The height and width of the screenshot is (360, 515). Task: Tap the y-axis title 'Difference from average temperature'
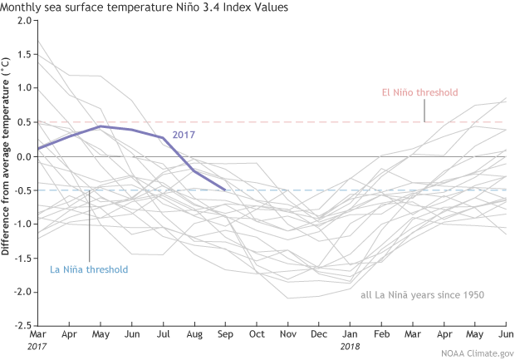[x=7, y=155]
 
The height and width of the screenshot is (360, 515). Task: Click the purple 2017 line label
[x=184, y=134]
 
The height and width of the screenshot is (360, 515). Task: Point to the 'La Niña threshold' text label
[x=89, y=269]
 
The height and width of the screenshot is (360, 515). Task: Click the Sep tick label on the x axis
[x=225, y=333]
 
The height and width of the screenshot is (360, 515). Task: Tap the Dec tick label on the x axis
[x=318, y=333]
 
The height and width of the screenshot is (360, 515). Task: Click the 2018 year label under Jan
[x=350, y=346]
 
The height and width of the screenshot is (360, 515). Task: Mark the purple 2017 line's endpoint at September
[x=225, y=190]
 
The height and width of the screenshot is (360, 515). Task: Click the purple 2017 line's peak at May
[x=101, y=126]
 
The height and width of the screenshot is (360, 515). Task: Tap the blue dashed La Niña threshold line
[x=291, y=190]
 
